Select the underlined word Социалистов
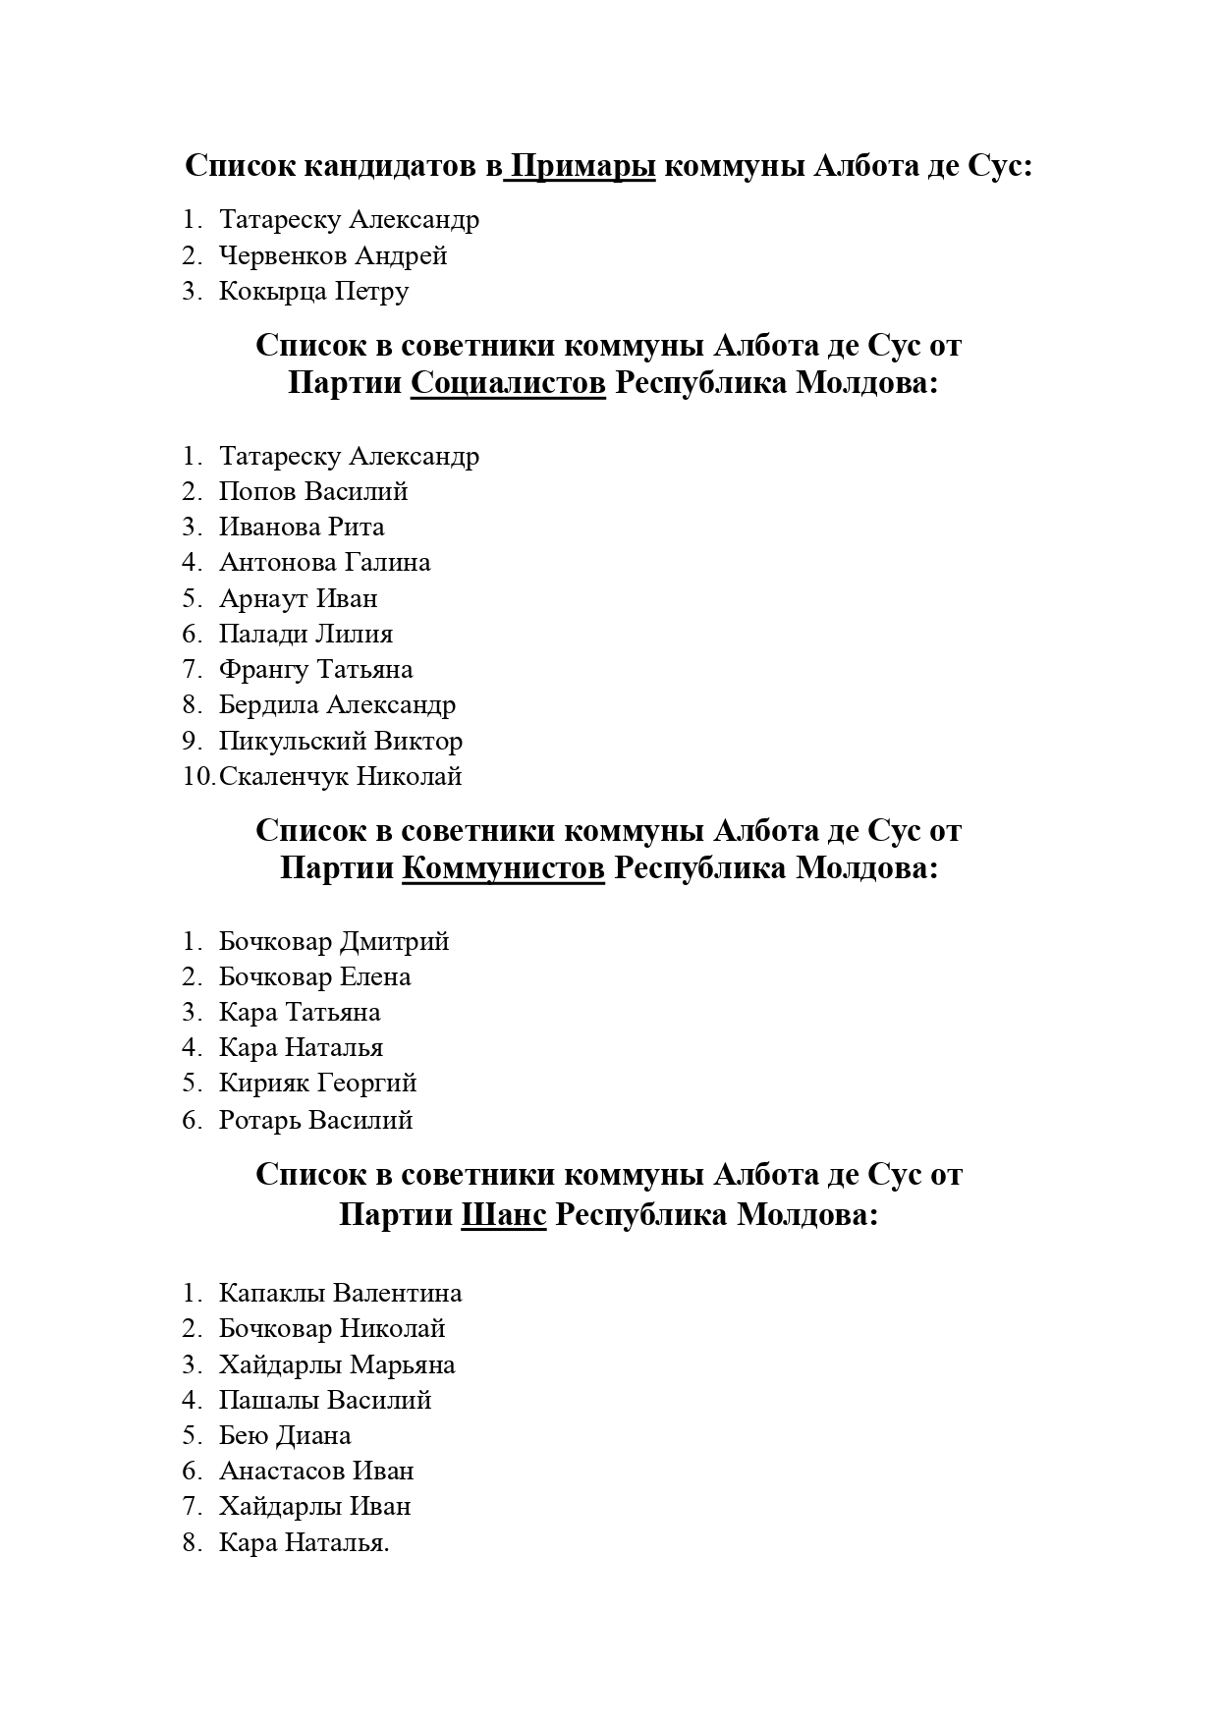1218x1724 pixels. click(x=508, y=383)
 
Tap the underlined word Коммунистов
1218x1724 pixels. click(x=504, y=868)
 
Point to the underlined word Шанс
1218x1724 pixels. click(x=504, y=1215)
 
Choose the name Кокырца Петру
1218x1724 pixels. click(x=313, y=292)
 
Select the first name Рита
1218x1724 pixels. click(x=357, y=528)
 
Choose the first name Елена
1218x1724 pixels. click(x=375, y=976)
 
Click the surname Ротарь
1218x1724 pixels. click(x=259, y=1120)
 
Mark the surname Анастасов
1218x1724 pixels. click(x=282, y=1471)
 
